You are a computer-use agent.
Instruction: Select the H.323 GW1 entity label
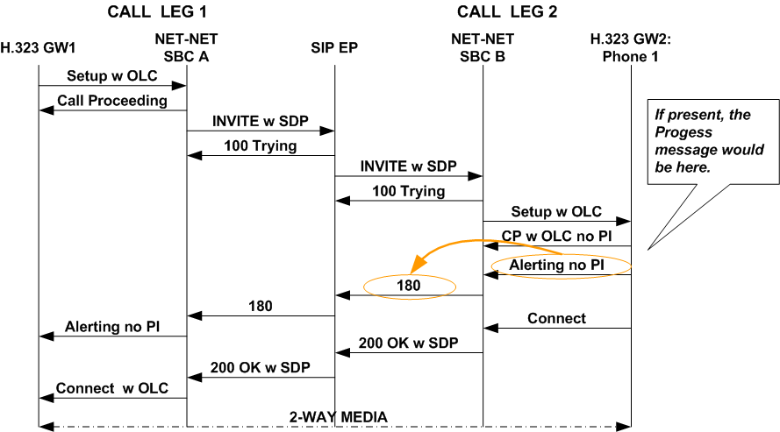pyautogui.click(x=37, y=47)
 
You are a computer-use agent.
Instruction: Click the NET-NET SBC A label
pyautogui.click(x=185, y=47)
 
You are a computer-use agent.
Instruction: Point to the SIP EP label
pyautogui.click(x=334, y=47)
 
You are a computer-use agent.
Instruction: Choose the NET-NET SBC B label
pyautogui.click(x=483, y=47)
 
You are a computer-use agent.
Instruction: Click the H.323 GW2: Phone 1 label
pyautogui.click(x=631, y=47)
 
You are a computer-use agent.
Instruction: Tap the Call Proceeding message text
pyautogui.click(x=112, y=101)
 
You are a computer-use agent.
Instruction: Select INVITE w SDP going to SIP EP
pyautogui.click(x=261, y=121)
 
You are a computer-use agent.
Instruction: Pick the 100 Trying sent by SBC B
pyautogui.click(x=408, y=191)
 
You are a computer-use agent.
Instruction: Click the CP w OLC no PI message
pyautogui.click(x=556, y=236)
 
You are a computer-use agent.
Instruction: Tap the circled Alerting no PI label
pyautogui.click(x=556, y=265)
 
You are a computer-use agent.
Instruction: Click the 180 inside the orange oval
pyautogui.click(x=408, y=286)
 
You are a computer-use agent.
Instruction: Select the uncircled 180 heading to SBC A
pyautogui.click(x=261, y=307)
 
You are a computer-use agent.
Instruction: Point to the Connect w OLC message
pyautogui.click(x=112, y=388)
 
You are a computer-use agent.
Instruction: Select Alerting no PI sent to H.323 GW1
pyautogui.click(x=112, y=327)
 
